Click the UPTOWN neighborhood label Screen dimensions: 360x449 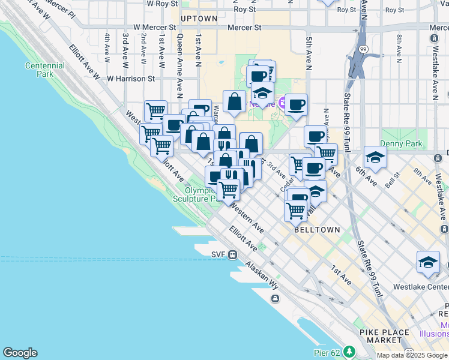point(198,19)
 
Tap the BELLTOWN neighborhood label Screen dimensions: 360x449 point(317,229)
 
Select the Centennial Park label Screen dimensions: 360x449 point(45,70)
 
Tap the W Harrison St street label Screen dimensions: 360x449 point(131,79)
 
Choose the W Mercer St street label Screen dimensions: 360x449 point(155,28)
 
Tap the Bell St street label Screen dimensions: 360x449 point(393,179)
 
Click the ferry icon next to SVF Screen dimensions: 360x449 point(233,254)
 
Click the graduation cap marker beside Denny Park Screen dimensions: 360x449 point(375,157)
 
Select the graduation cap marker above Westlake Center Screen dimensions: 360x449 point(427,262)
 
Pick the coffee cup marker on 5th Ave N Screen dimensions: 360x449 point(296,105)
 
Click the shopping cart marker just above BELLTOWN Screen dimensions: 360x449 point(295,210)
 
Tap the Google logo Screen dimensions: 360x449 point(20,353)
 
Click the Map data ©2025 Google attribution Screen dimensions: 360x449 point(412,355)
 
